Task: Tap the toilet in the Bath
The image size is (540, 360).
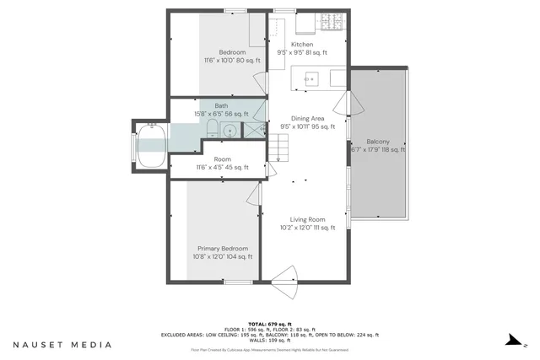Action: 213,129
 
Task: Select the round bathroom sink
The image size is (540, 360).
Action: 230,131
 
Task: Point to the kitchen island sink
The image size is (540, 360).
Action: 311,80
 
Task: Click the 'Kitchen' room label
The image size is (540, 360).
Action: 302,45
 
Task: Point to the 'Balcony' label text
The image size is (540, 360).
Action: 377,142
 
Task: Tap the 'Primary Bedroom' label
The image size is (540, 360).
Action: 223,249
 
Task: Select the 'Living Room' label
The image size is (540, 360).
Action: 307,219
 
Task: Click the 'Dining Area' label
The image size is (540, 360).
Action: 307,119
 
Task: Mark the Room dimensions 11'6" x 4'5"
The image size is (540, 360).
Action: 223,168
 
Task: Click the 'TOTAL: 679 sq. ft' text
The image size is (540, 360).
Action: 269,324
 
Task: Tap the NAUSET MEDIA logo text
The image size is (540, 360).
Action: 62,345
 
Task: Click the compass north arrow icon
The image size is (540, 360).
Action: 511,341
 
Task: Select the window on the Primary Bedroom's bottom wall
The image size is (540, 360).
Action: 237,282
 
